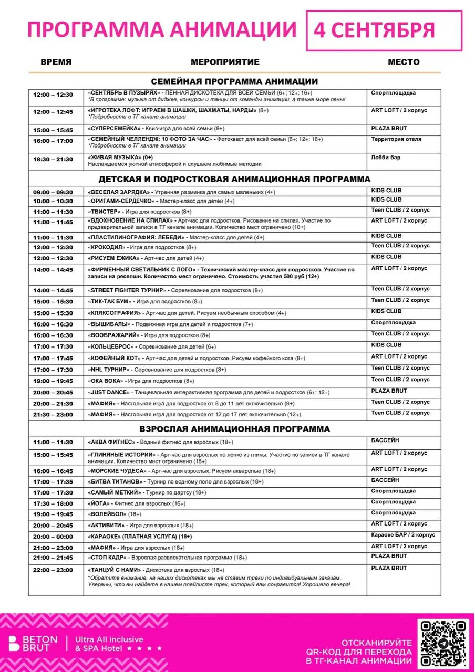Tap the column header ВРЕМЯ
56,62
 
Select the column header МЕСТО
404,62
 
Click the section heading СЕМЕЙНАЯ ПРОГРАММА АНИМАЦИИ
234,81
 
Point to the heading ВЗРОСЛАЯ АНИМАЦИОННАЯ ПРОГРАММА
234,429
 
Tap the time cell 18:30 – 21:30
53,159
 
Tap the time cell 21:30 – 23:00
53,415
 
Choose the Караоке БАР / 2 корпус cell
403,535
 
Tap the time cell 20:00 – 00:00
53,537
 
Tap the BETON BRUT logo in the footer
33,644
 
